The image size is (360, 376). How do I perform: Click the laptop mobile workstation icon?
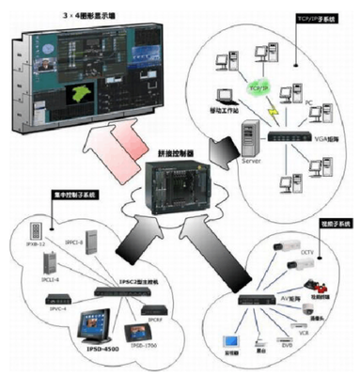(226, 97)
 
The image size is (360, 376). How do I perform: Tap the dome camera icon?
(310, 302)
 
